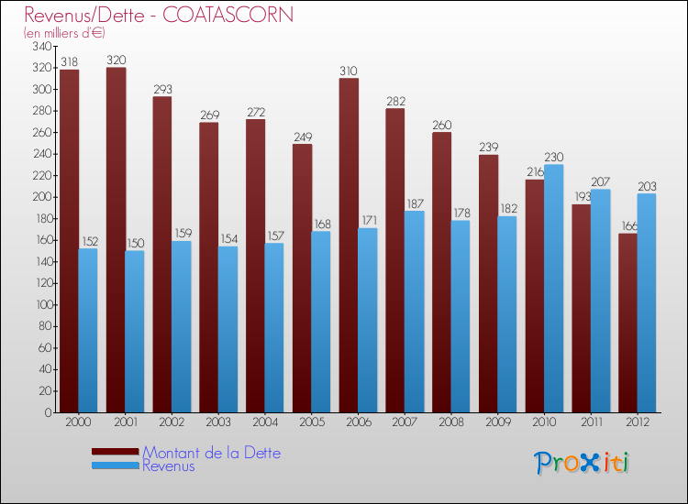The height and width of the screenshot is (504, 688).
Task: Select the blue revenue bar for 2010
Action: [x=554, y=289]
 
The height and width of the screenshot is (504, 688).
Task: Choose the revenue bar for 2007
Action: [x=415, y=312]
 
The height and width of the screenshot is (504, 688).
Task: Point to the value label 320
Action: [x=116, y=60]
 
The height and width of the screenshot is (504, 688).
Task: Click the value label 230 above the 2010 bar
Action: [x=554, y=158]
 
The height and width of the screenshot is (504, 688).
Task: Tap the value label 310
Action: [x=349, y=71]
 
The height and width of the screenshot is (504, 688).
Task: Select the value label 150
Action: [x=135, y=244]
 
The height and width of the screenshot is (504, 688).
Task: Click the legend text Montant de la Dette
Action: [x=212, y=453]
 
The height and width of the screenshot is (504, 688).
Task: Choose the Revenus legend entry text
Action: [x=169, y=466]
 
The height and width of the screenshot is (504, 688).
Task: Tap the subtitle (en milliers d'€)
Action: [x=65, y=33]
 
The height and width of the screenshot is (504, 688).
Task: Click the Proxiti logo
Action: [x=583, y=463]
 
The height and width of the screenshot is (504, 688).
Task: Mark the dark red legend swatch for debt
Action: [x=116, y=452]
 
